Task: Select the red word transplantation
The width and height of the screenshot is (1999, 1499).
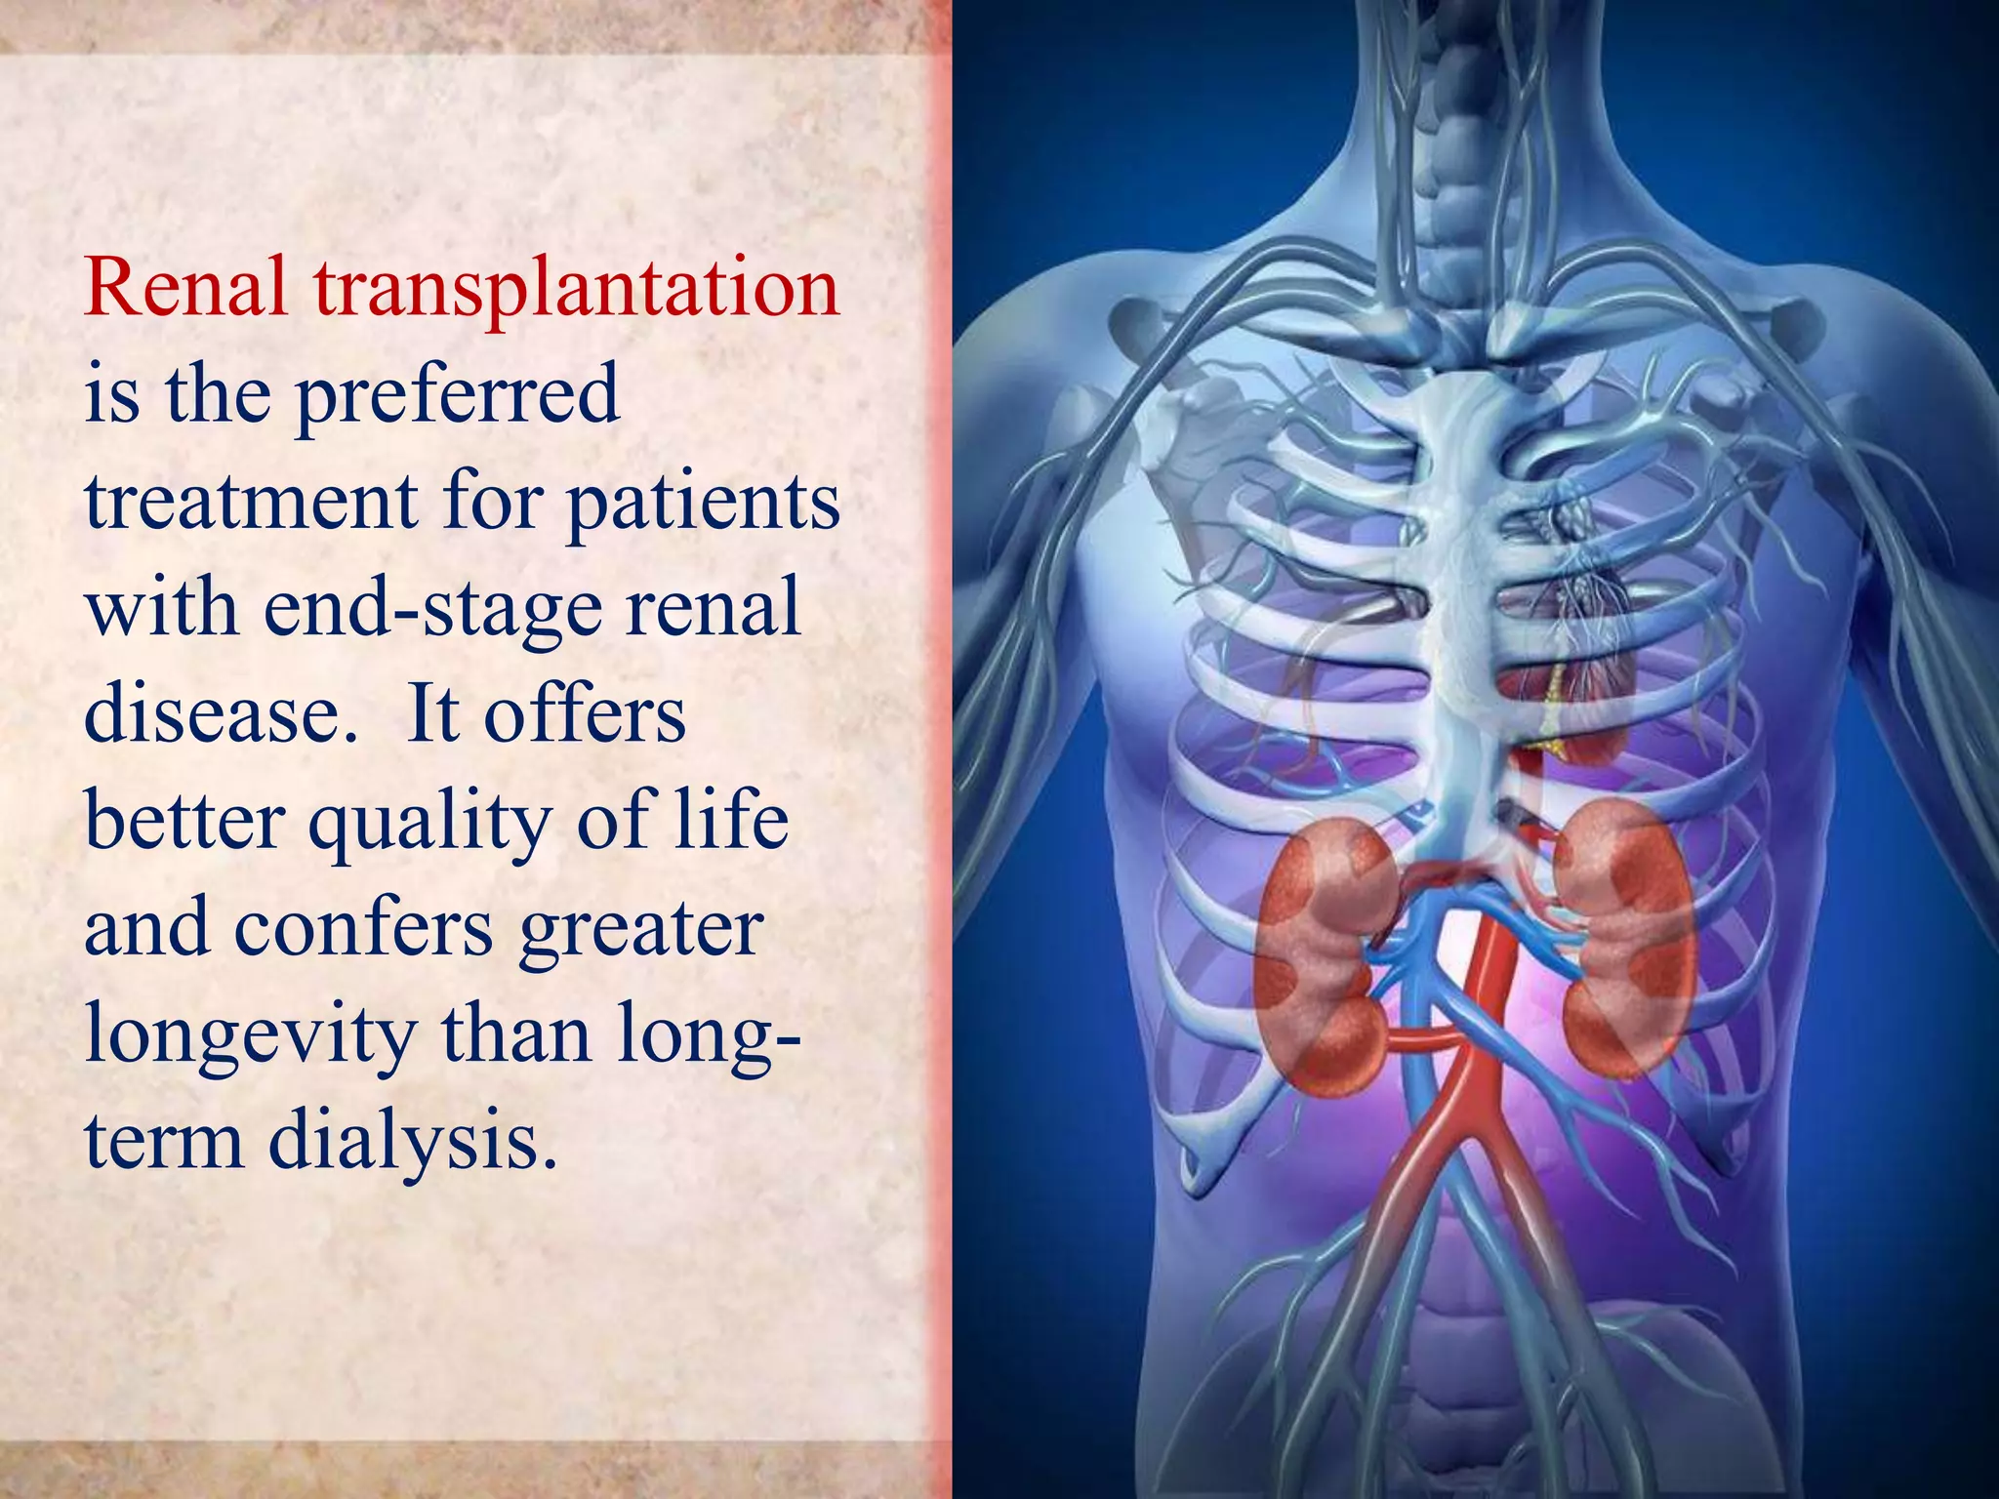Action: [576, 291]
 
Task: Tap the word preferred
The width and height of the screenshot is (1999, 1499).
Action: [458, 396]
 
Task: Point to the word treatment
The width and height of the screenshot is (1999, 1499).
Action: [253, 502]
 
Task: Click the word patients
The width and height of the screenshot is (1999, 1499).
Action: [703, 504]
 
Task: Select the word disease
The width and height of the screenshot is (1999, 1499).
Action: [221, 713]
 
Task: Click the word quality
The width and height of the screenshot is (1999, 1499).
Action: [429, 822]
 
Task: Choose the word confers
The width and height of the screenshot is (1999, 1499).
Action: [363, 927]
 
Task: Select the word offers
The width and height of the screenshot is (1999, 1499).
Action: [585, 713]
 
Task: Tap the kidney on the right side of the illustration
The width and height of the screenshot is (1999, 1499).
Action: [1624, 937]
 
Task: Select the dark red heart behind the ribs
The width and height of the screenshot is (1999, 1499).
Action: [1571, 683]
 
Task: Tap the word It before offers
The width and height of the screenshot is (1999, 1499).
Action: [433, 713]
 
